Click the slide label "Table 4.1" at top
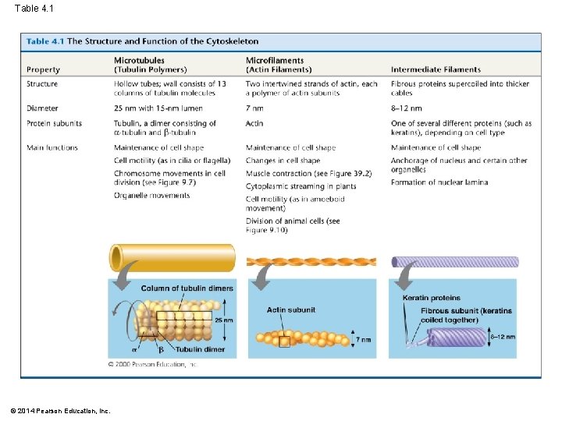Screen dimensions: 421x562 34,8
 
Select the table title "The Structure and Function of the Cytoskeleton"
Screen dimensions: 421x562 162,41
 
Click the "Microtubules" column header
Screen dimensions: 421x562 140,60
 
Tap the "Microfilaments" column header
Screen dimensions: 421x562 275,60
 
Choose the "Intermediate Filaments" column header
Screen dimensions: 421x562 436,69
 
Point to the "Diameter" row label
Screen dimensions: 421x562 42,108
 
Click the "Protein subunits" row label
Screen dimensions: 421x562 54,123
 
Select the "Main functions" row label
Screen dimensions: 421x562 52,147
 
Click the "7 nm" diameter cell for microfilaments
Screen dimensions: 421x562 254,108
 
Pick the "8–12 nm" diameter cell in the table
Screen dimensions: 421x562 406,108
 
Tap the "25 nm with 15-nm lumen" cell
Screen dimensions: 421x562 164,108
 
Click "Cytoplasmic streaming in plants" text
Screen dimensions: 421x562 301,186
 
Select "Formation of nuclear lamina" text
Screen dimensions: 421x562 439,182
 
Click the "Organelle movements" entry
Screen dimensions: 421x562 151,196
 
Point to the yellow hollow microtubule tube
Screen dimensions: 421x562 172,257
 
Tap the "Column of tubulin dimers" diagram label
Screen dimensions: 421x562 187,288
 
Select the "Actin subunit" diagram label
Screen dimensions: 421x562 291,310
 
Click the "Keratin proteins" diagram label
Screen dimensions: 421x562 431,298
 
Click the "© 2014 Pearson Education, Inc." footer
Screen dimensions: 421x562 61,410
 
